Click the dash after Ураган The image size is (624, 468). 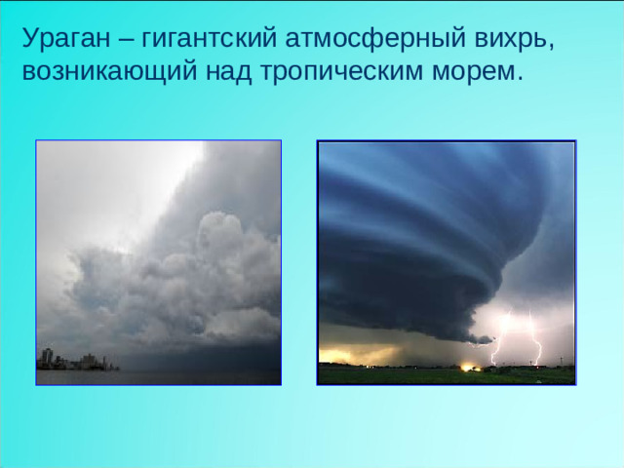(129, 39)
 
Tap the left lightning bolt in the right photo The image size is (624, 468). (501, 336)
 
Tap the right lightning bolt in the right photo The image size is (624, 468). (534, 336)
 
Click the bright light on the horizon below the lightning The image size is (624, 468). (469, 366)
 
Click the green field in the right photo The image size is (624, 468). (409, 374)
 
